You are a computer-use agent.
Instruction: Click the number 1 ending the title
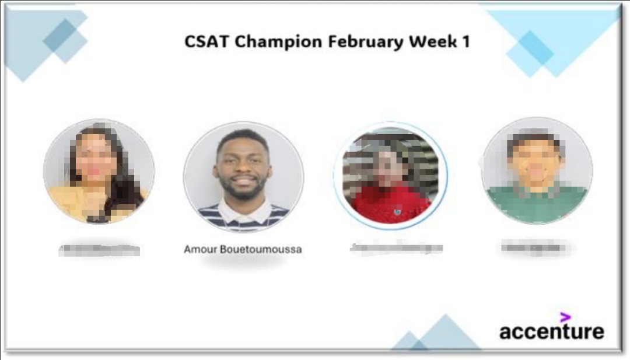pyautogui.click(x=466, y=42)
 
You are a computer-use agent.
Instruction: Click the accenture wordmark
pyautogui.click(x=551, y=332)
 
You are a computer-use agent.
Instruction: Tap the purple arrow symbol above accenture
pyautogui.click(x=565, y=317)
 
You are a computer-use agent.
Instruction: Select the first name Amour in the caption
pyautogui.click(x=200, y=250)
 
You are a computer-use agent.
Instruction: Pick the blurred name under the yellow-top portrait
pyautogui.click(x=100, y=250)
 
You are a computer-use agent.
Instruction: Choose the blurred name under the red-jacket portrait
pyautogui.click(x=396, y=248)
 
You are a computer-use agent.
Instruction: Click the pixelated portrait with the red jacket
pyautogui.click(x=390, y=175)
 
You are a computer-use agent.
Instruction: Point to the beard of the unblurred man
pyautogui.click(x=243, y=190)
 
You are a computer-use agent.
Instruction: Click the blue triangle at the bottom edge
pyautogui.click(x=446, y=335)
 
